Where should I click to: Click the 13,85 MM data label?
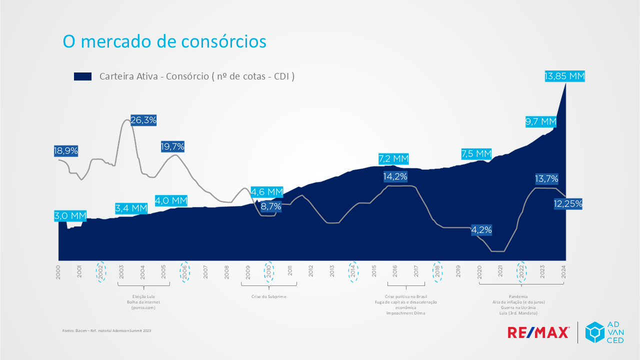(x=564, y=76)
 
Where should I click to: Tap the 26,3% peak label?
(x=143, y=120)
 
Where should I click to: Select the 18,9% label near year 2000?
(x=66, y=151)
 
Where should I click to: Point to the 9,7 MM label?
(x=540, y=121)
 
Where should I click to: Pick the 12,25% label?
(x=568, y=203)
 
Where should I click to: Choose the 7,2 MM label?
(x=393, y=159)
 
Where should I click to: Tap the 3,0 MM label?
(x=70, y=216)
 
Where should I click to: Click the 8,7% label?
(x=271, y=206)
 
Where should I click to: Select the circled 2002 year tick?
(x=101, y=271)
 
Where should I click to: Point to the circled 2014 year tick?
(x=353, y=271)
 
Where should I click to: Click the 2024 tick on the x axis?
(x=563, y=271)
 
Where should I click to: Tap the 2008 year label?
(x=227, y=271)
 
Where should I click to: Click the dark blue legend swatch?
(x=82, y=76)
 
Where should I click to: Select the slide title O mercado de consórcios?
(x=164, y=41)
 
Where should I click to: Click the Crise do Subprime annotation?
(x=268, y=296)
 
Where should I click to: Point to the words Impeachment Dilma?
(x=405, y=313)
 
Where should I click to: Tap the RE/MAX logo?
(x=538, y=332)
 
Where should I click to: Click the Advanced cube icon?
(x=595, y=332)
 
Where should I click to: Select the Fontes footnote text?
(x=106, y=330)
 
